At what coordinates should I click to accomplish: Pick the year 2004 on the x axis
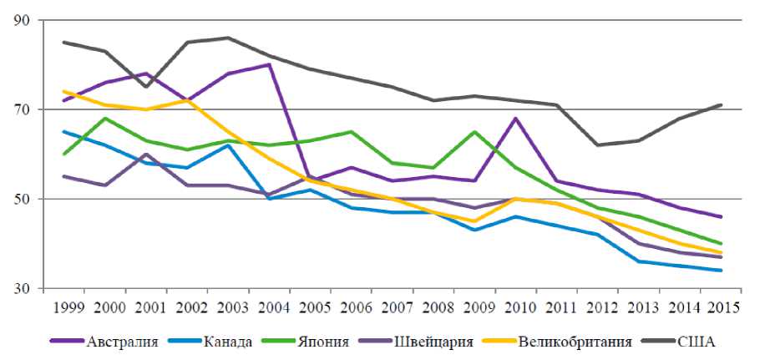(269, 306)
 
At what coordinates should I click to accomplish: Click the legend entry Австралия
(123, 341)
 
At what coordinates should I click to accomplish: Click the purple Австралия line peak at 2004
(269, 64)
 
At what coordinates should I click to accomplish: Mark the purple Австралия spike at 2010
(515, 118)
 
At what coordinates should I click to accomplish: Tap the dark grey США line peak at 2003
(228, 38)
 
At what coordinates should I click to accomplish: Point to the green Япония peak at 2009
(474, 131)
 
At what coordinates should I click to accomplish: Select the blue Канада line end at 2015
(721, 271)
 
